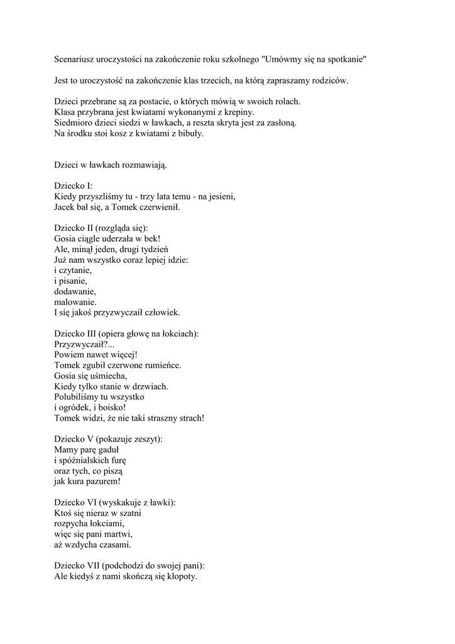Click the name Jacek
pos(66,207)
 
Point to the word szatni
pos(128,513)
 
